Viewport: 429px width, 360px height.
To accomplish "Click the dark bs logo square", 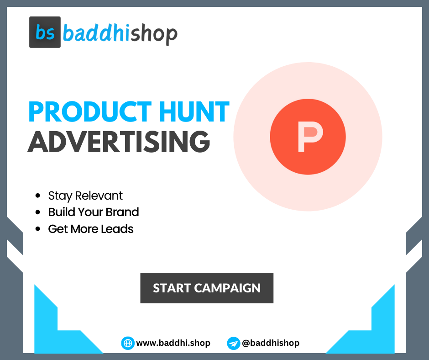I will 45,32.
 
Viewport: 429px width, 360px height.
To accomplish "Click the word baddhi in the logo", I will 96,33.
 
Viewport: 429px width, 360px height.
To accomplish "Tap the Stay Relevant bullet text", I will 85,196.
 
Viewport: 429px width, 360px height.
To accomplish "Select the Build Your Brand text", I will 94,212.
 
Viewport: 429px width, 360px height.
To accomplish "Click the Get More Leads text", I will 91,229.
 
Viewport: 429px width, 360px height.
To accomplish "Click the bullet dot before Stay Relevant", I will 38,196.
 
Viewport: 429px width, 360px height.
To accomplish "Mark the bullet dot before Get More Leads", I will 38,229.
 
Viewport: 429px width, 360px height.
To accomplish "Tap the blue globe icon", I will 127,343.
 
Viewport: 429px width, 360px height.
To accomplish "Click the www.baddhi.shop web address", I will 173,343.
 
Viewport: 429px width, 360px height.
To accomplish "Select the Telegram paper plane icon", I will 233,343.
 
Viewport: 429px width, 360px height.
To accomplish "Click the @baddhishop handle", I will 270,343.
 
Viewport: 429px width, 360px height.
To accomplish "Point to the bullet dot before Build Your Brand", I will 38,213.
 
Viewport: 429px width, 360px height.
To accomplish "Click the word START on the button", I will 171,288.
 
